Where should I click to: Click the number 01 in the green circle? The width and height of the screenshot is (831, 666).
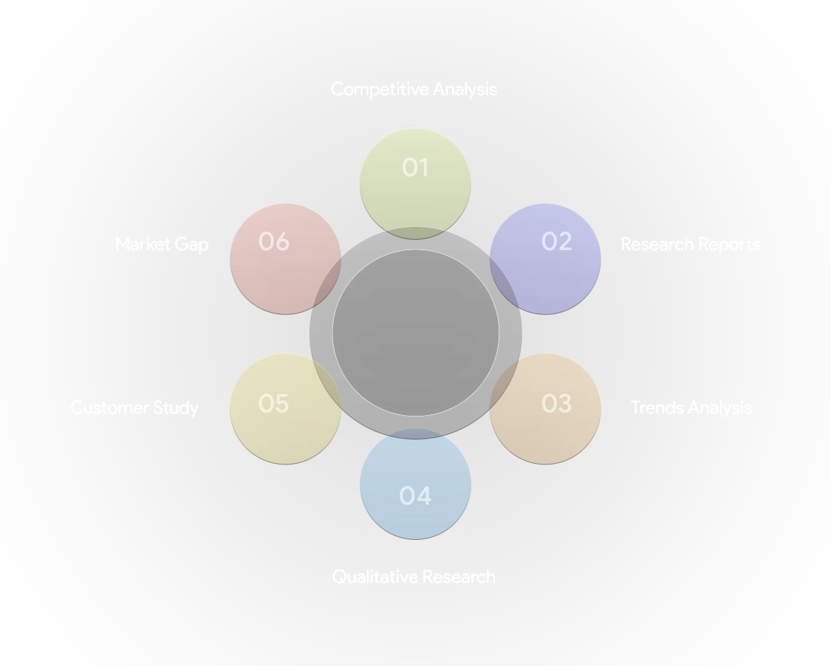click(x=415, y=168)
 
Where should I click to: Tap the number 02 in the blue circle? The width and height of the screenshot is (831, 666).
click(x=556, y=242)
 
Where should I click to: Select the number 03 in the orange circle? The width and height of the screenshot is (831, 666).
click(x=556, y=404)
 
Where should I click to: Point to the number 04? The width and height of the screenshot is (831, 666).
click(x=415, y=496)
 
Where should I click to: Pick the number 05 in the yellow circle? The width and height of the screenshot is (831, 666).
click(x=273, y=404)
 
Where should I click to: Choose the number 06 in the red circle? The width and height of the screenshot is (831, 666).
click(x=273, y=242)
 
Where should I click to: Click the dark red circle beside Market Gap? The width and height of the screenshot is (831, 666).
click(x=285, y=275)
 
